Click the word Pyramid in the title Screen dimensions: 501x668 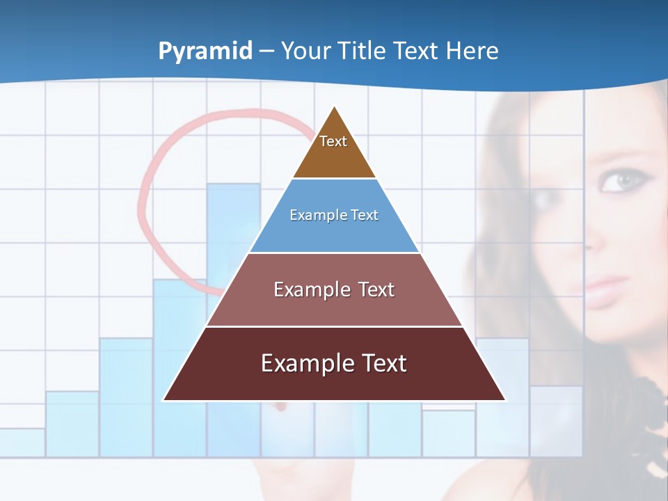[205, 51]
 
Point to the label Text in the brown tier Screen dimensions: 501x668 [333, 141]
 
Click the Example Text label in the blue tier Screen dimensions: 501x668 [334, 215]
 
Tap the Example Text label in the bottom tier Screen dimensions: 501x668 [334, 363]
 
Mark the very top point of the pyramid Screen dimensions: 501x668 [335, 106]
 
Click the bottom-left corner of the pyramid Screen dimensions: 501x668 [164, 399]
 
